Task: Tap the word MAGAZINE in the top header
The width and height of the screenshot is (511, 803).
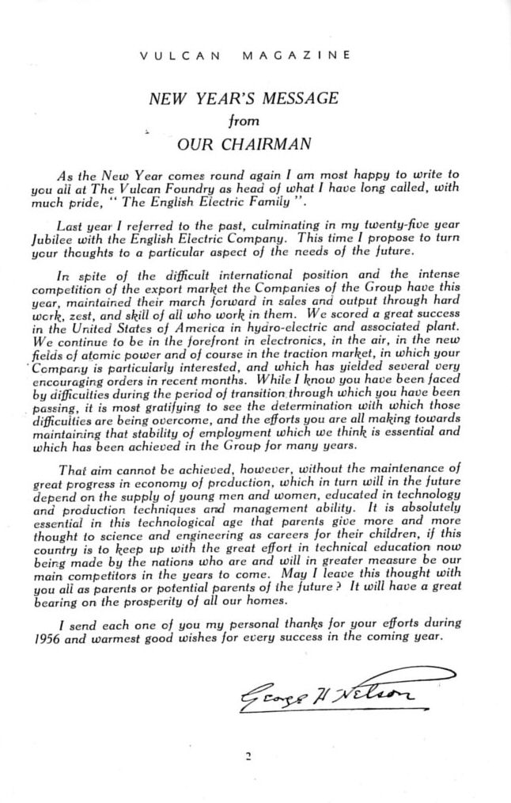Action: (297, 55)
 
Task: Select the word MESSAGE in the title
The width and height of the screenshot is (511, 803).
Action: (301, 99)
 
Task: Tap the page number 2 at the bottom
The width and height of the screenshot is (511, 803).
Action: (248, 756)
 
